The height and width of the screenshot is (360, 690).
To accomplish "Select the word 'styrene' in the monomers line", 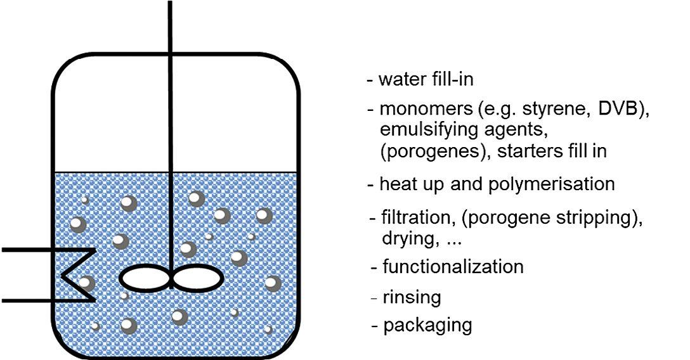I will click(x=549, y=108).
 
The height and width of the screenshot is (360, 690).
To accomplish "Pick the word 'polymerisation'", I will click(x=552, y=184).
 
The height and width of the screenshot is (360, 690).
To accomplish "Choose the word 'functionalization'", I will click(x=453, y=266).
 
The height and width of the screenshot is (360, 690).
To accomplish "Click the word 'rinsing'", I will click(x=412, y=297).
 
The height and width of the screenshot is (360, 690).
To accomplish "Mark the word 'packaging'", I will click(x=427, y=326).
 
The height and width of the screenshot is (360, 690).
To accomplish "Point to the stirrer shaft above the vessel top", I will click(x=170, y=25).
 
